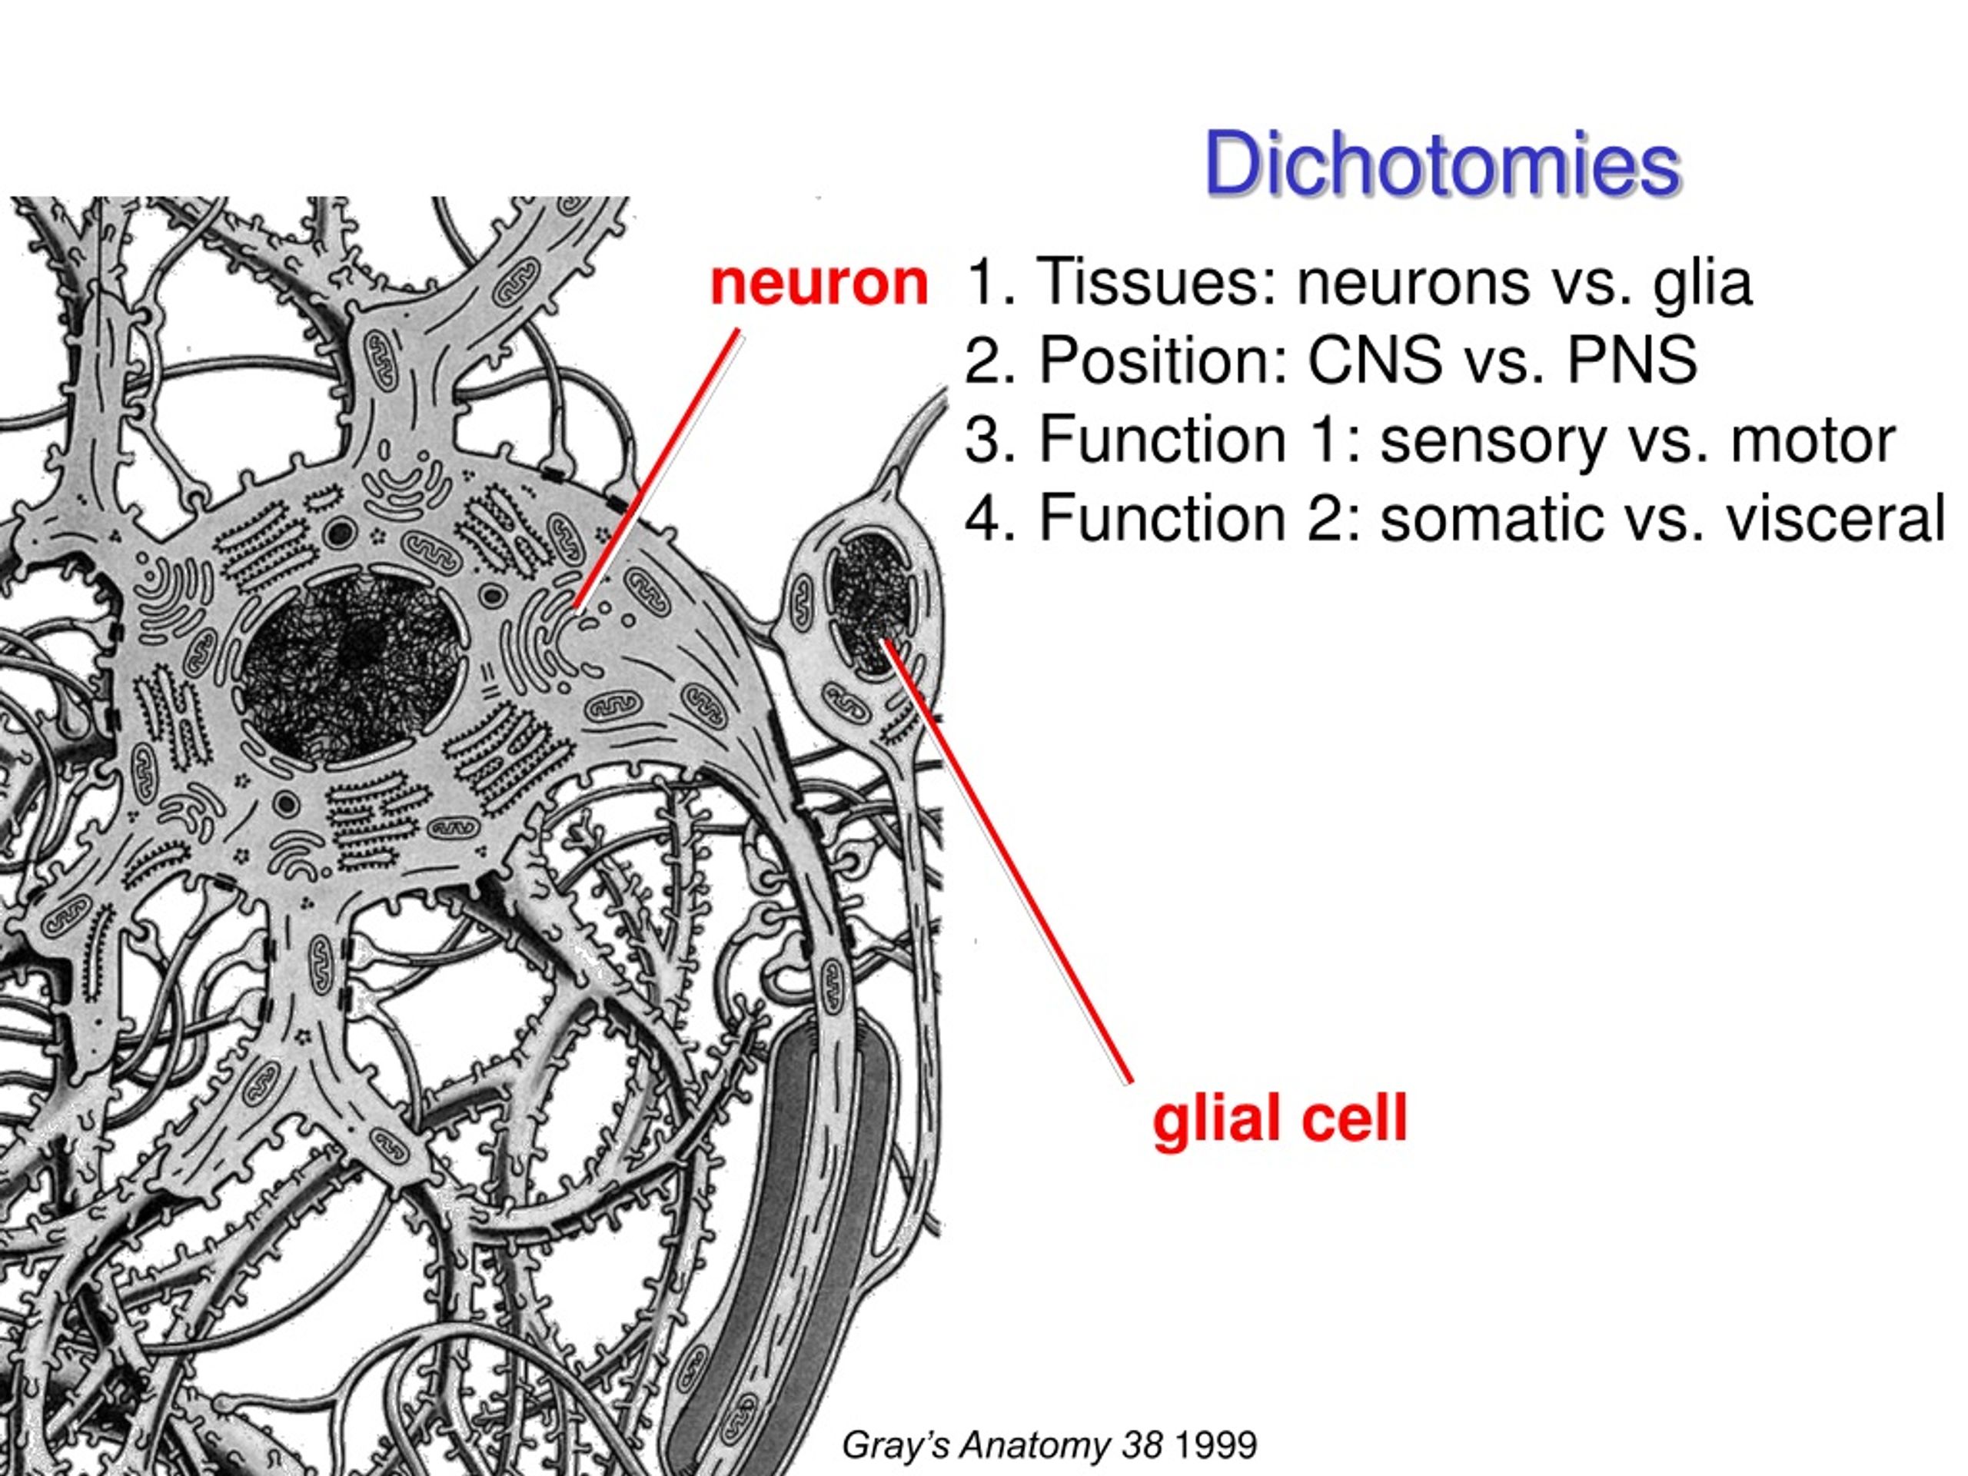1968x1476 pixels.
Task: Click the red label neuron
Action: [x=819, y=283]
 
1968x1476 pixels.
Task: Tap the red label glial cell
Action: [x=1279, y=1119]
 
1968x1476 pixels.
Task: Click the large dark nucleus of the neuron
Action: [x=355, y=668]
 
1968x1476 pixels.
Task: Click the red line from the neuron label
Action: [x=657, y=470]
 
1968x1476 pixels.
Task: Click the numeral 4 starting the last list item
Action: [x=982, y=519]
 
